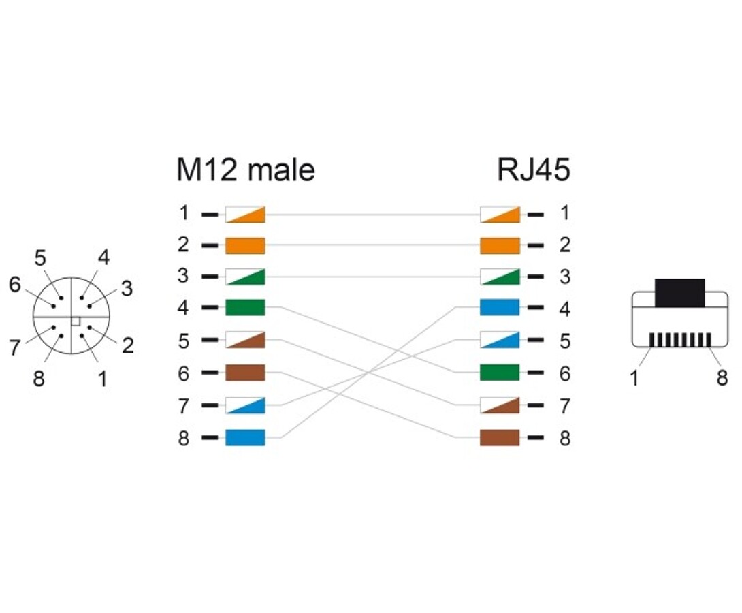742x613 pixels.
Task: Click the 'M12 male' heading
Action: [245, 170]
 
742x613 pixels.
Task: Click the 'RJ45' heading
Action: [533, 170]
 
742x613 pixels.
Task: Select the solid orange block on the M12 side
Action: [245, 245]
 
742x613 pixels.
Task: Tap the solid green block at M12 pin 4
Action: [245, 308]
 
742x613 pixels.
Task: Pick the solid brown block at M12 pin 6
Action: [245, 373]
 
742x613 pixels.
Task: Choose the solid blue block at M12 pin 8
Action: [245, 437]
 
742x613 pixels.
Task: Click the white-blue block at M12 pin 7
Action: [245, 405]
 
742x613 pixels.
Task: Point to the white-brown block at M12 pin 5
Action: [245, 341]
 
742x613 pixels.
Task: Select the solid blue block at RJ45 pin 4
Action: [500, 308]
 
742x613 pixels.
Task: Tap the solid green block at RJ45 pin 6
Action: [500, 373]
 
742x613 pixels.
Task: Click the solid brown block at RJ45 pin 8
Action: [500, 437]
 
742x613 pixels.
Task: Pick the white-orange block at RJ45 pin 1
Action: [500, 215]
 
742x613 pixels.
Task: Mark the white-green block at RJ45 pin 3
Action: [500, 277]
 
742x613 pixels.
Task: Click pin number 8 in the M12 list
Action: [183, 438]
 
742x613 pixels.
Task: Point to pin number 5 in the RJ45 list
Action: [564, 341]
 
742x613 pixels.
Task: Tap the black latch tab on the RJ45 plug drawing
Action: [679, 292]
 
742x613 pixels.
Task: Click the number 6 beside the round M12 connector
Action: [15, 285]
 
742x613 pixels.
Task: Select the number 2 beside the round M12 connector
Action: [127, 345]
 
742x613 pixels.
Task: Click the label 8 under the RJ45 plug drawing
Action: [722, 377]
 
